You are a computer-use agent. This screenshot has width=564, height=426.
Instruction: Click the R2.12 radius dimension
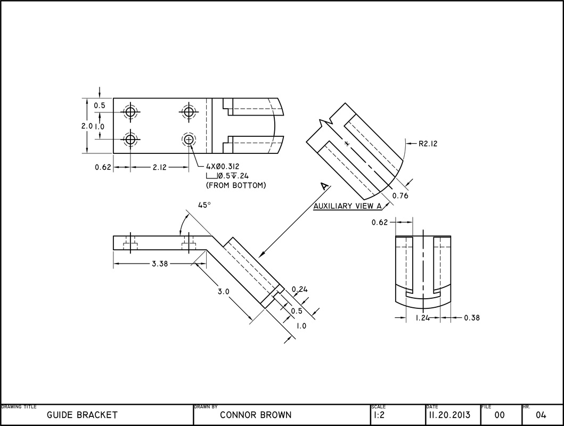click(x=428, y=143)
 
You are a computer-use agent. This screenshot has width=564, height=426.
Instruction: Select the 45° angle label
click(x=205, y=204)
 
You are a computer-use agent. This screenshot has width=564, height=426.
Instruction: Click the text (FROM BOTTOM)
click(x=235, y=185)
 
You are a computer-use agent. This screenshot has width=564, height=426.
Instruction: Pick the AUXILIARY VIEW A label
click(x=348, y=206)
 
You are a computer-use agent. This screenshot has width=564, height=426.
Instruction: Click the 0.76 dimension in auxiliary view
click(x=400, y=196)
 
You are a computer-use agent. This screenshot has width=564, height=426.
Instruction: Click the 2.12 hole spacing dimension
click(x=159, y=167)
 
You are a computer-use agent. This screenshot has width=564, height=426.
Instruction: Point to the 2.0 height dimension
click(x=87, y=126)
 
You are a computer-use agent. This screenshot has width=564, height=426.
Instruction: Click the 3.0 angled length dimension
click(x=223, y=292)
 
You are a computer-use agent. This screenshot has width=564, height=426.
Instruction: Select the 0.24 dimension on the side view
click(x=300, y=289)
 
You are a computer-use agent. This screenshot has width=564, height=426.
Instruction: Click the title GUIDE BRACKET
click(x=82, y=415)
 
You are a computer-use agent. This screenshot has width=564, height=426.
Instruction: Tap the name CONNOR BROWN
click(x=256, y=415)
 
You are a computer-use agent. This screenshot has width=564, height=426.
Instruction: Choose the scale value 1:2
click(x=379, y=415)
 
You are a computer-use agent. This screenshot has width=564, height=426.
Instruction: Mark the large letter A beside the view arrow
click(x=324, y=186)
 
